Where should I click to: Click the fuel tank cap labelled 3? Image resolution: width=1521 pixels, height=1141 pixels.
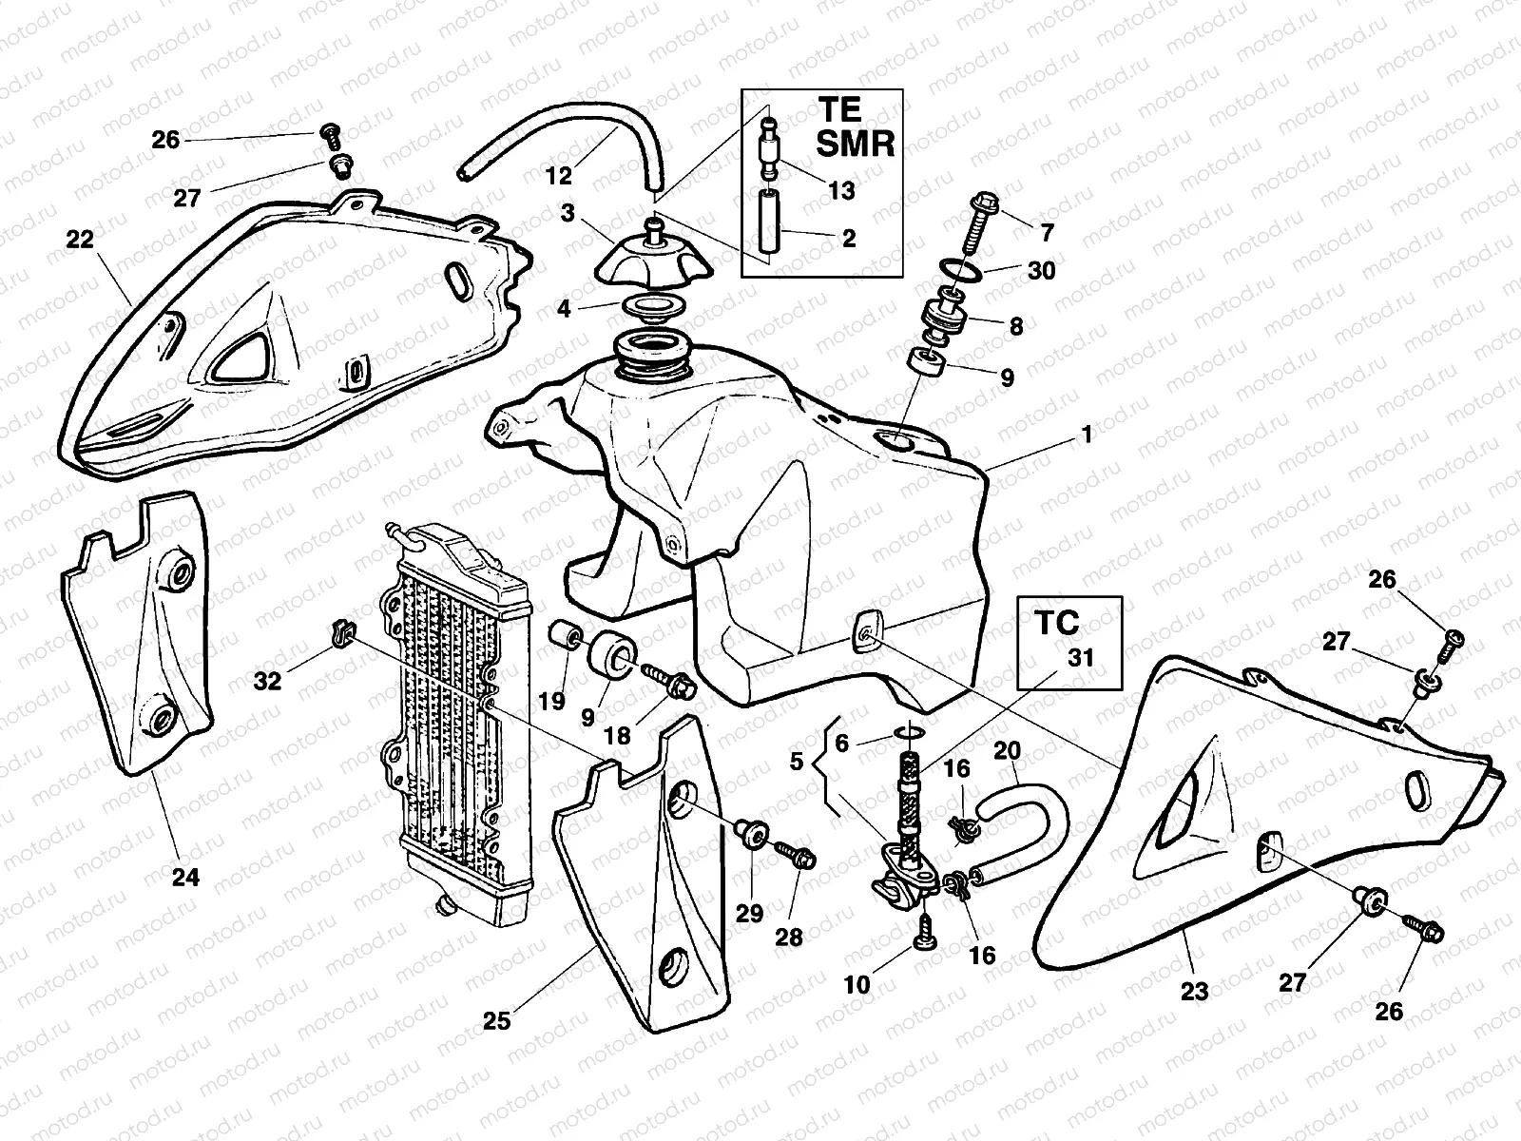tap(653, 257)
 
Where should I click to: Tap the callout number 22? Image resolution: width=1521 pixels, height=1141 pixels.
tap(80, 240)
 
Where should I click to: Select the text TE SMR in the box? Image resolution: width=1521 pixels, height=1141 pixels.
tap(855, 126)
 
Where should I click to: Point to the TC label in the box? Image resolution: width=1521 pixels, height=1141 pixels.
tap(1057, 623)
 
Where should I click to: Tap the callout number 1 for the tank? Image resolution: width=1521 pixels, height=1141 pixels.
tap(1086, 435)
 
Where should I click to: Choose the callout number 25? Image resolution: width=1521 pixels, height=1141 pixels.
tap(497, 1020)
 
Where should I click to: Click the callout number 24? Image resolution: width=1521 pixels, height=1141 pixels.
tap(185, 877)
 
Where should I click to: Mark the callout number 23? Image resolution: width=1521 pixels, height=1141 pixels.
tap(1194, 992)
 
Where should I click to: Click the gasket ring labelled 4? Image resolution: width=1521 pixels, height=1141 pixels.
tap(655, 307)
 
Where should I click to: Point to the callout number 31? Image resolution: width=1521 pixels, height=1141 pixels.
tap(1080, 657)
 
